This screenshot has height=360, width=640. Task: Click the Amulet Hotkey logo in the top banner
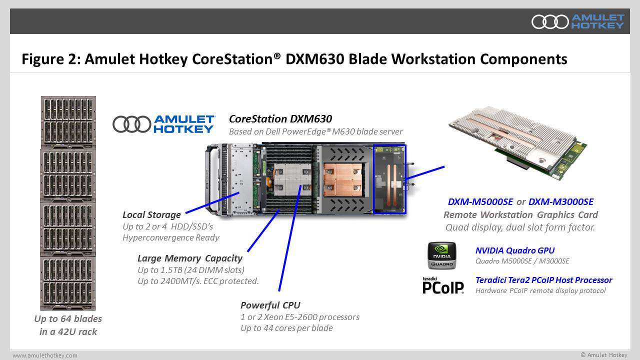tap(577, 21)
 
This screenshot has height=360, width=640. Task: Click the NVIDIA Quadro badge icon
tap(441, 255)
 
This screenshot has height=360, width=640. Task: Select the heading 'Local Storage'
tap(151, 215)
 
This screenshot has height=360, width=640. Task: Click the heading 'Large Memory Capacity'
tap(189, 258)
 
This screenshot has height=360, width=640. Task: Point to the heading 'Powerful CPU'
tap(270, 305)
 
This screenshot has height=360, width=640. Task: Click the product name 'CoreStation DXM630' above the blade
tap(280, 119)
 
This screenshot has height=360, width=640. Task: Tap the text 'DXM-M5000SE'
tap(480, 202)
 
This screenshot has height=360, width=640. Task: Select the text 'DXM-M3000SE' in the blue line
tap(560, 202)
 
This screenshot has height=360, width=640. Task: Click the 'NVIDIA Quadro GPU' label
tap(514, 250)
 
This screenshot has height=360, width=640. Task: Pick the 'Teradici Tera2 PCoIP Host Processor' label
tap(543, 280)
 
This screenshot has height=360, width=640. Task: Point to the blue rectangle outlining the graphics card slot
tap(390, 178)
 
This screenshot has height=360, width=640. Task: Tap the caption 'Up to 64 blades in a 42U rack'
tap(68, 325)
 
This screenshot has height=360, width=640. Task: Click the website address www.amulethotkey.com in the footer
tap(45, 355)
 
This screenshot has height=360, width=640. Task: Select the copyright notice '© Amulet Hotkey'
tap(603, 355)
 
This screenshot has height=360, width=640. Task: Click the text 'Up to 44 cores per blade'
tap(286, 328)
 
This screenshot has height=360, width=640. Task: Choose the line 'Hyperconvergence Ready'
tap(170, 237)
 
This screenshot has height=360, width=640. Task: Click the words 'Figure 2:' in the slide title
tap(50, 59)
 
